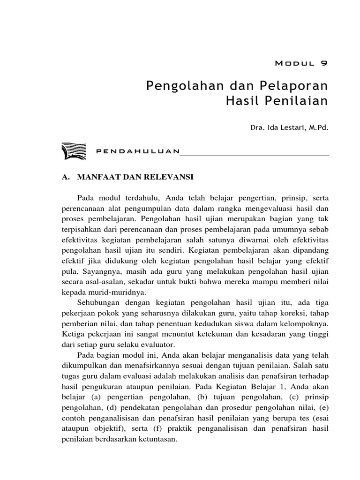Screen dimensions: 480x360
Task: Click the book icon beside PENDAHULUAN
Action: (73, 150)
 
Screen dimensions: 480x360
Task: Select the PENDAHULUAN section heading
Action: (137, 151)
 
